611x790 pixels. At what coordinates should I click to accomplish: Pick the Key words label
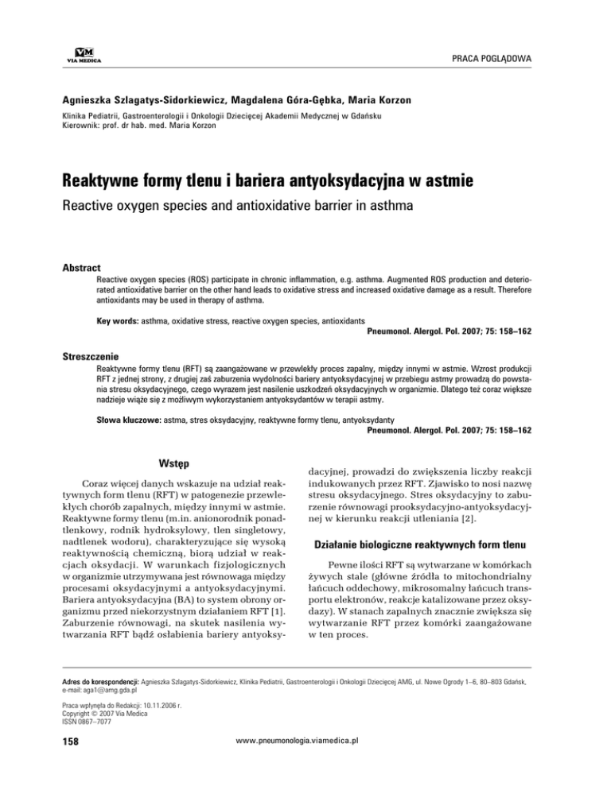pyautogui.click(x=120, y=319)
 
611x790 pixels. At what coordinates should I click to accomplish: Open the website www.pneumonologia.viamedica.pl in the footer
pyautogui.click(x=305, y=761)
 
